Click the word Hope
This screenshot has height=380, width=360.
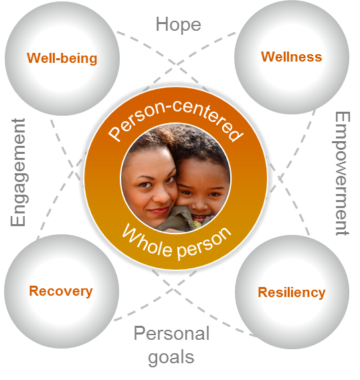(x=178, y=25)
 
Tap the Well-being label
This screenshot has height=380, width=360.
(x=62, y=58)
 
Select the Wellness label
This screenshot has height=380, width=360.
(x=291, y=57)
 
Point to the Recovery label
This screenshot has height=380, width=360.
(x=61, y=291)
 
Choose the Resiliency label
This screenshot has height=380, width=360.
(x=292, y=292)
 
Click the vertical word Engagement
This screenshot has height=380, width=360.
(x=19, y=173)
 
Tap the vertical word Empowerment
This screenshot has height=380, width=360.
(x=342, y=173)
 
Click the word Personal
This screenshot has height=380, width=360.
(x=171, y=333)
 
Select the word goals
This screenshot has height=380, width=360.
(x=171, y=358)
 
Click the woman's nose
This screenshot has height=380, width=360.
(x=162, y=195)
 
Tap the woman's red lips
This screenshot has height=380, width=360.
(x=159, y=211)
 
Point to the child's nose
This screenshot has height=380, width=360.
(x=200, y=203)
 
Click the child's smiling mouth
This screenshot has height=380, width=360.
(x=200, y=217)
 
